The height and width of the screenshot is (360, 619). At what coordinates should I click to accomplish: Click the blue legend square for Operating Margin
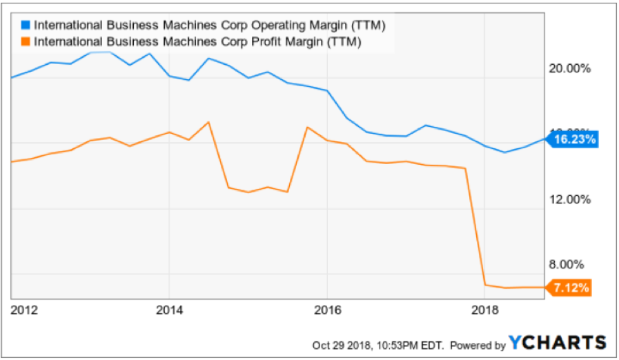(x=26, y=26)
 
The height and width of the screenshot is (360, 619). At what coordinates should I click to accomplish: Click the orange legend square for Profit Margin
(x=26, y=42)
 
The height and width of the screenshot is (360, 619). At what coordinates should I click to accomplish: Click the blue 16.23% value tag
(x=573, y=140)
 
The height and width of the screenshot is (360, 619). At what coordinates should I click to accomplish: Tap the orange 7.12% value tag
(x=573, y=287)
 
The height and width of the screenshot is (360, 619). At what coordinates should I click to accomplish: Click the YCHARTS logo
(x=558, y=343)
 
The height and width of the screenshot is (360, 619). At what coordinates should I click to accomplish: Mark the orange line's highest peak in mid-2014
(x=208, y=122)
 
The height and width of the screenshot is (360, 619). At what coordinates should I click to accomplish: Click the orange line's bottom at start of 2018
(x=486, y=285)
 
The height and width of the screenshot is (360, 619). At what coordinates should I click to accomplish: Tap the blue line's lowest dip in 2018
(x=505, y=152)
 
